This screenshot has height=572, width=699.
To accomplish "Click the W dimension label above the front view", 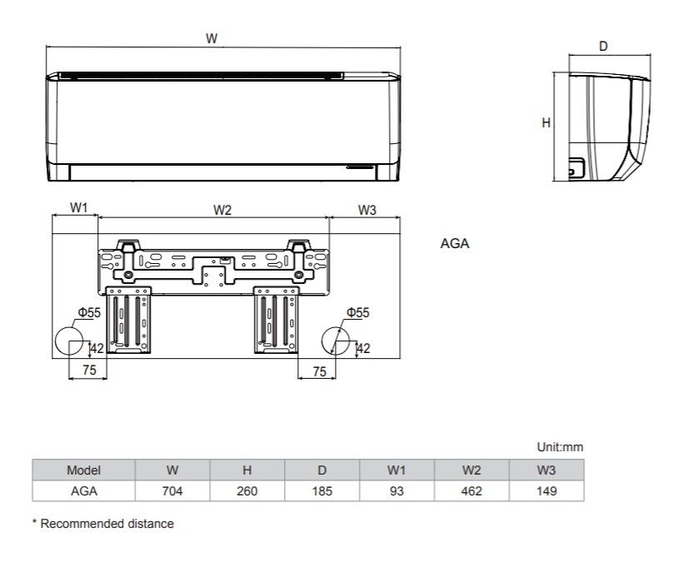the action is (x=212, y=38).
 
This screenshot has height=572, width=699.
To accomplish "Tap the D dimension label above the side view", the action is (x=603, y=46).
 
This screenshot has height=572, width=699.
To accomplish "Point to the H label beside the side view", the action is (x=546, y=122).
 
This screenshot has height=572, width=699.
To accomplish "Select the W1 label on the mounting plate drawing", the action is (x=78, y=207).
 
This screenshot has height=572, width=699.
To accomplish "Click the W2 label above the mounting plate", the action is (x=222, y=210).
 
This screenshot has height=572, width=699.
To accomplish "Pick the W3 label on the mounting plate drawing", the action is (x=367, y=210).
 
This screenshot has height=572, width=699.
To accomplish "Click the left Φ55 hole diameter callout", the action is (x=90, y=312).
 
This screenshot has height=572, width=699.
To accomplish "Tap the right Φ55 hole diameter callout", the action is (x=358, y=312).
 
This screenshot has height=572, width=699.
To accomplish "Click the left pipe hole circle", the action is (x=69, y=341).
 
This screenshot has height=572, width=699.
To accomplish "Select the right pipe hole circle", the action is (x=336, y=341).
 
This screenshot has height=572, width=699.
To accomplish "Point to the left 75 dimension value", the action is (x=89, y=371).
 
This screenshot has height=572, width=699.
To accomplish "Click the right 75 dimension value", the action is (x=320, y=371).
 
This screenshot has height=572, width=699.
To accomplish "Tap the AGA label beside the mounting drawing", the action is (x=455, y=244).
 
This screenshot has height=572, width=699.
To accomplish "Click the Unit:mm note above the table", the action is (x=560, y=447).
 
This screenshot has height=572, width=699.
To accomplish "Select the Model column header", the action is (x=84, y=470).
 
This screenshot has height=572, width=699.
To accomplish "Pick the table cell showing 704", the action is (x=172, y=491).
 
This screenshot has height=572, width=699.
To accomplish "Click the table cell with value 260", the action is (x=247, y=491).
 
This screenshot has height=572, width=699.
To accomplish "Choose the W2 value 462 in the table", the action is (x=472, y=491).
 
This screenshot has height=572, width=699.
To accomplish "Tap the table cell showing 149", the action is (x=547, y=491).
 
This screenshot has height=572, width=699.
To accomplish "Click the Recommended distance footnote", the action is (x=103, y=524).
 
